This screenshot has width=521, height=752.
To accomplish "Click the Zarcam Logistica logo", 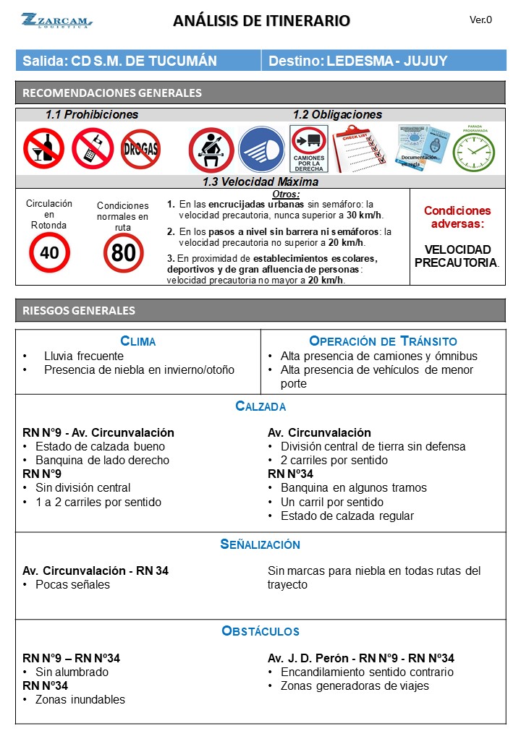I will tap(56, 20).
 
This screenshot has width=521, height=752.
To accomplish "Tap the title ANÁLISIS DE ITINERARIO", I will tap(261, 21).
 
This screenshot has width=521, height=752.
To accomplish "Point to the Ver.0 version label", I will tap(480, 20).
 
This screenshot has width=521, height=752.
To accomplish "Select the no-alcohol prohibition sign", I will tap(43, 148).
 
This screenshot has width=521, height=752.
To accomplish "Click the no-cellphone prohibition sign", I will tap(92, 148).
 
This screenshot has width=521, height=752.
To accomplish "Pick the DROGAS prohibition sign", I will tap(140, 149).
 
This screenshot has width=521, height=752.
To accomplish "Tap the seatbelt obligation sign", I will tap(211, 150).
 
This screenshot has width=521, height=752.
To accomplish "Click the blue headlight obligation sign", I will tap(261, 149).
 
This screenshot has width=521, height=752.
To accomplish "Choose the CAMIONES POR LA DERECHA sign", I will tap(309, 149).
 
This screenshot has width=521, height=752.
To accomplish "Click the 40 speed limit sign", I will tap(49, 253).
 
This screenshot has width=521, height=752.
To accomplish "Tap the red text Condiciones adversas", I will tap(457, 218).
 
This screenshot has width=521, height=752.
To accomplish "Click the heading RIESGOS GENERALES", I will tap(80, 311).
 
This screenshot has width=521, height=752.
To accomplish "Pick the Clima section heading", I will tap(137, 341).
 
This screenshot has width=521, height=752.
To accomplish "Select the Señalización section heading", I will tap(260, 544).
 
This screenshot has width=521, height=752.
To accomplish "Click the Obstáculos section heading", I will tap(260, 631).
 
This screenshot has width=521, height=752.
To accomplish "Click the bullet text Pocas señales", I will tap(72, 584).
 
